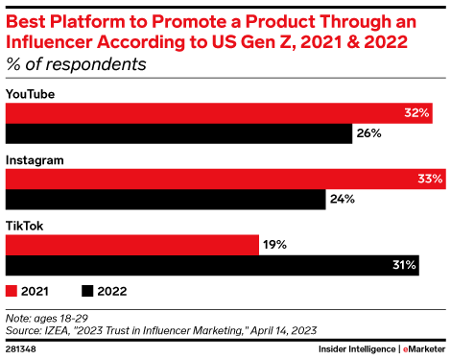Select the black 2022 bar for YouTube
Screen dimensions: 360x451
(x=178, y=134)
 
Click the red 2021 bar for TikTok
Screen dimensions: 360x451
(x=132, y=245)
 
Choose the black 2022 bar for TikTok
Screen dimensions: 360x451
(x=212, y=266)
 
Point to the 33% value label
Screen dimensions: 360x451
(x=430, y=179)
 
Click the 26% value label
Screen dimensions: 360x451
(x=368, y=134)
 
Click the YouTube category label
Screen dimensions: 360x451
(x=30, y=94)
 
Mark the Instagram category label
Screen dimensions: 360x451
(x=35, y=159)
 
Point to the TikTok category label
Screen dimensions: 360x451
(x=25, y=226)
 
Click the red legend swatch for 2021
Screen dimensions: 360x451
(x=12, y=290)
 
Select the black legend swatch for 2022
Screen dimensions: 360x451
(x=87, y=290)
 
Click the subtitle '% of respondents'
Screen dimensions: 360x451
(x=77, y=64)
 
